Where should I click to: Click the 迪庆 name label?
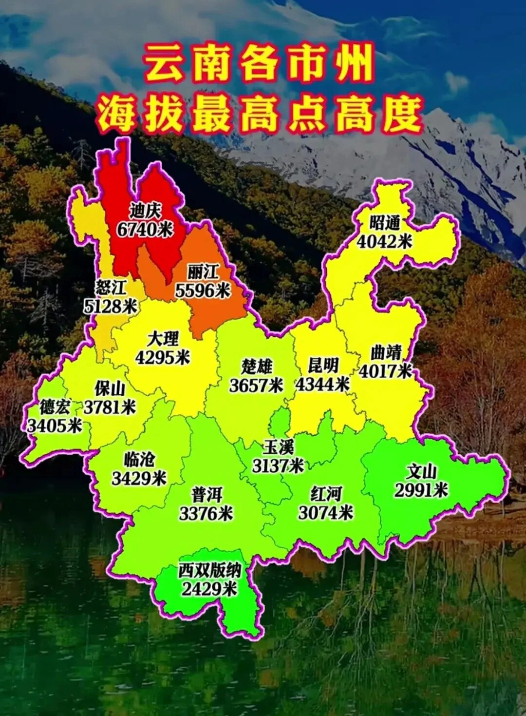[x=145, y=211]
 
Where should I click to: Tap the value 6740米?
[x=145, y=229]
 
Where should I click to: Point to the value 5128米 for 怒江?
[x=111, y=307]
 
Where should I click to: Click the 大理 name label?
[x=163, y=339]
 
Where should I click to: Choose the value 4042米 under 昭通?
[x=385, y=241]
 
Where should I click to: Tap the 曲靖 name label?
[x=386, y=352]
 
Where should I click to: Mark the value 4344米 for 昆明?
[x=322, y=385]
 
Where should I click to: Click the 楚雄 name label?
[x=257, y=367]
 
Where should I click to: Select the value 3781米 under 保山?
[x=110, y=407]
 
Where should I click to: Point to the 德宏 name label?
[x=55, y=407]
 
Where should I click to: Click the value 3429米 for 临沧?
[x=139, y=479]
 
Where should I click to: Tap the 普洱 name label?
[x=207, y=495]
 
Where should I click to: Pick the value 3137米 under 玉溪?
[x=278, y=466]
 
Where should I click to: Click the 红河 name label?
[x=326, y=494]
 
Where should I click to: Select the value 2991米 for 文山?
[x=421, y=490]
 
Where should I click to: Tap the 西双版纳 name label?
[x=209, y=570]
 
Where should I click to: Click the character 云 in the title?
[x=164, y=64]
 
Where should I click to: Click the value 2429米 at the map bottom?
[x=209, y=589]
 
